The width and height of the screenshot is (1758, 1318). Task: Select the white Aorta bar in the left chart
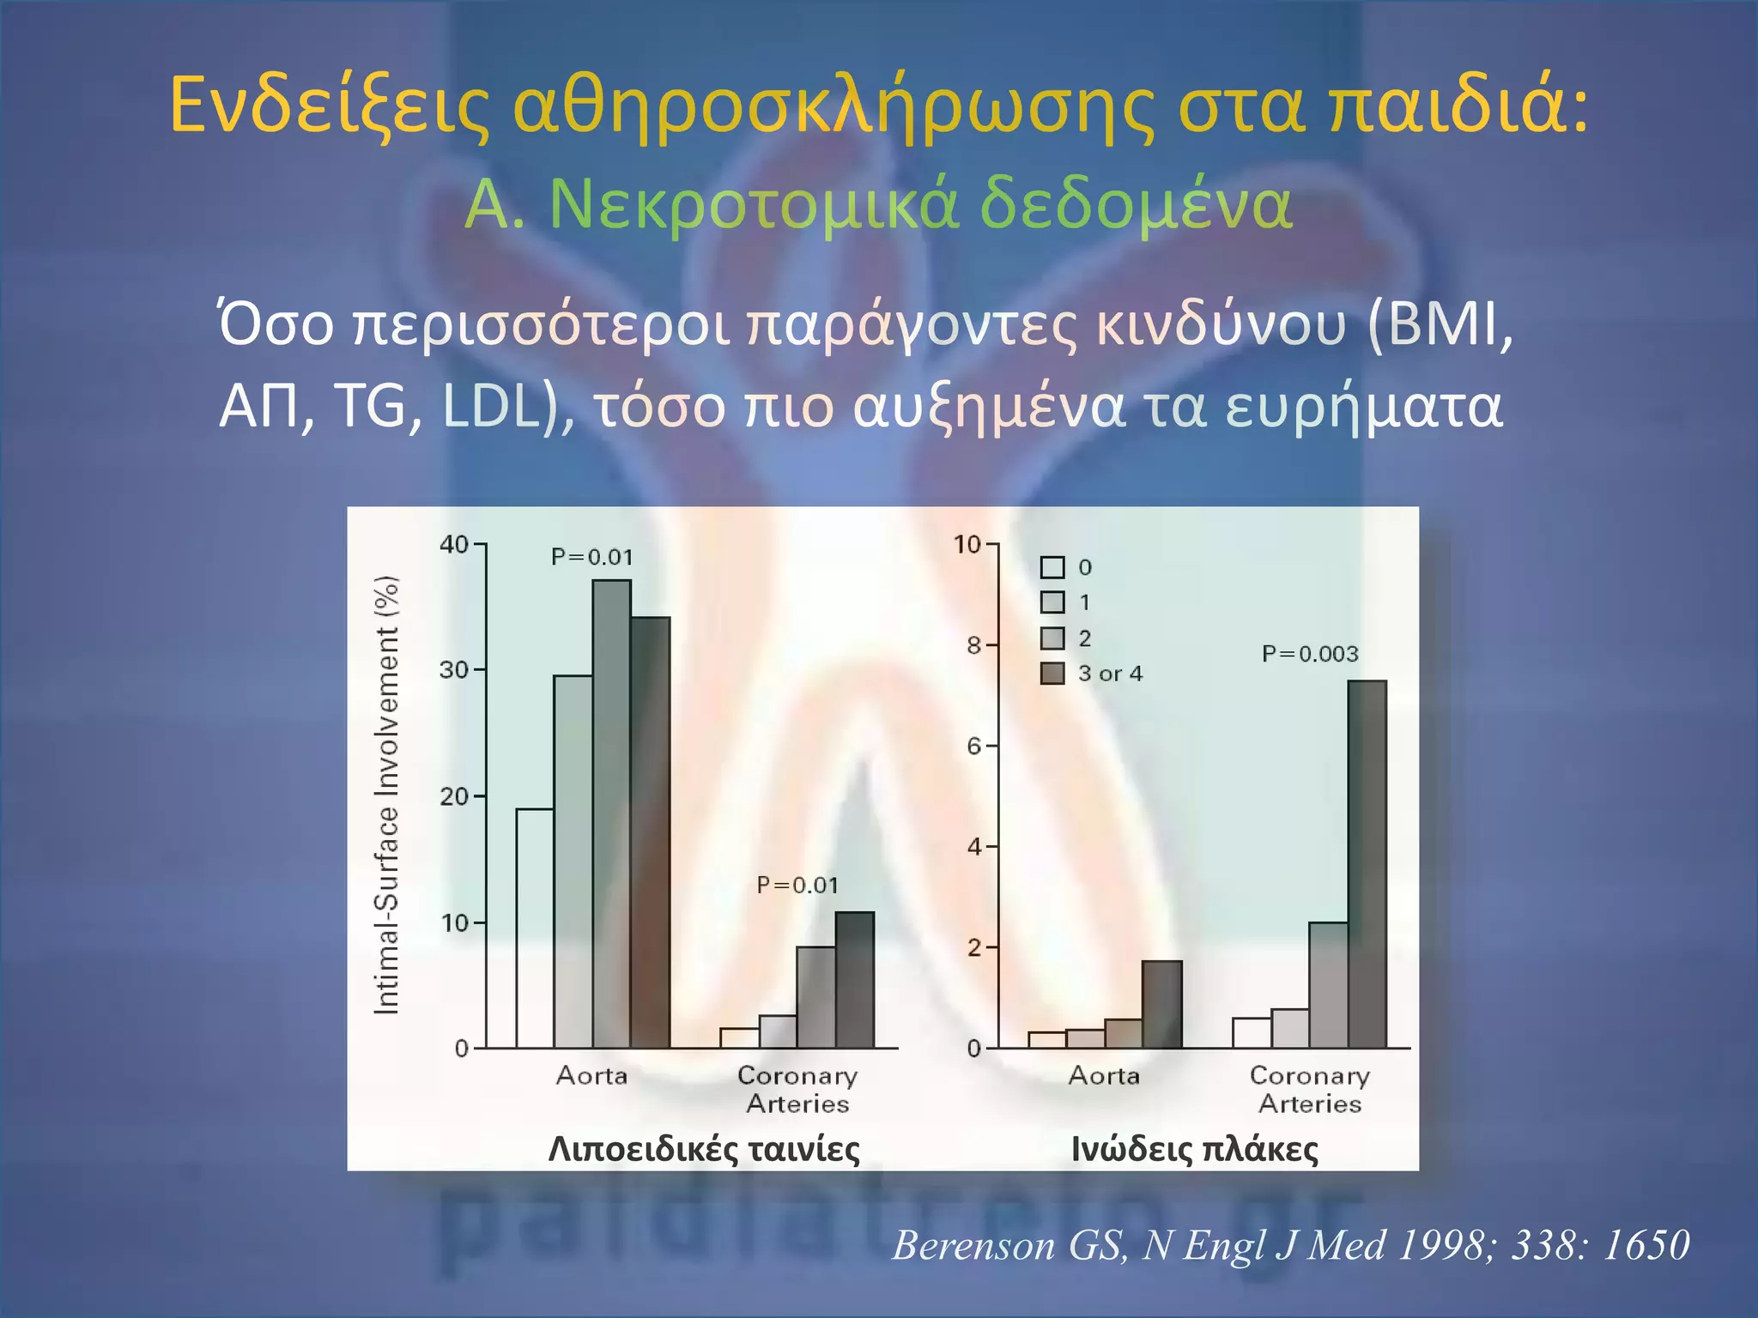534,928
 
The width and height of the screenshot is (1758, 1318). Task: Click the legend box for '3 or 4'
1052,674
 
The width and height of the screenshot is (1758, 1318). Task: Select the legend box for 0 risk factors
1052,567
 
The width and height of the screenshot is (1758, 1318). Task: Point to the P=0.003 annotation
1310,654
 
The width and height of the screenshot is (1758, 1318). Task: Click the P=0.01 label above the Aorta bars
592,557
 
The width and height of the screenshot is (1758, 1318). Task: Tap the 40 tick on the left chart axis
454,544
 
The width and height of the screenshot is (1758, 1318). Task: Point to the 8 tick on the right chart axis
974,644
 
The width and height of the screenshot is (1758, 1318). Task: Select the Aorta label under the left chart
591,1075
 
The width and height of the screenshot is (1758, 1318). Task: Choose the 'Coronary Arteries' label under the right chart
1310,1089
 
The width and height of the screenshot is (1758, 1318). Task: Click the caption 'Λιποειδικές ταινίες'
704,1148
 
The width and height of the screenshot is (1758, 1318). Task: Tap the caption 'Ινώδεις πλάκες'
1195,1148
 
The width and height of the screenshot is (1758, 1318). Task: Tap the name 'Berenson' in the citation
973,1244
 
